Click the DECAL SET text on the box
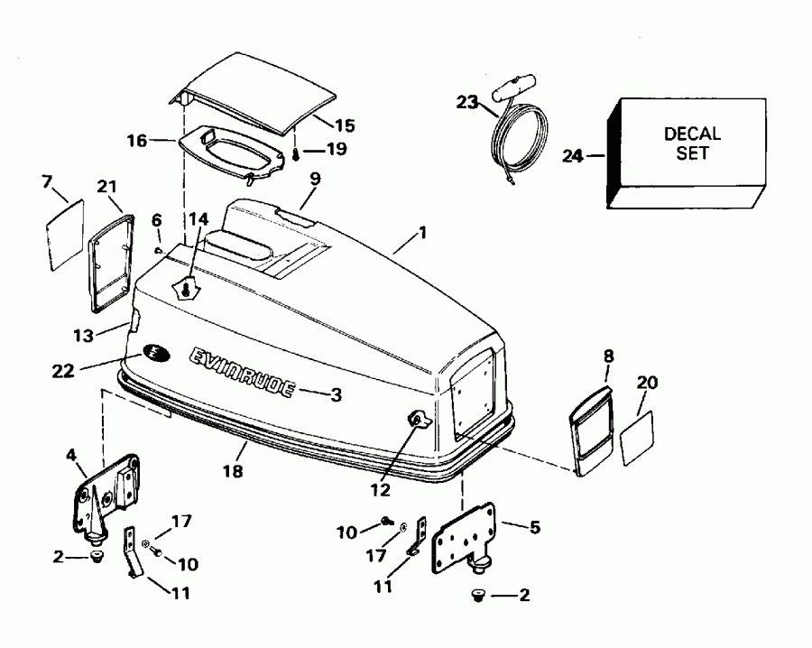(x=692, y=143)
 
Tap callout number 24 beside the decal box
(x=574, y=155)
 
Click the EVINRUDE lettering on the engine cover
(x=241, y=371)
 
